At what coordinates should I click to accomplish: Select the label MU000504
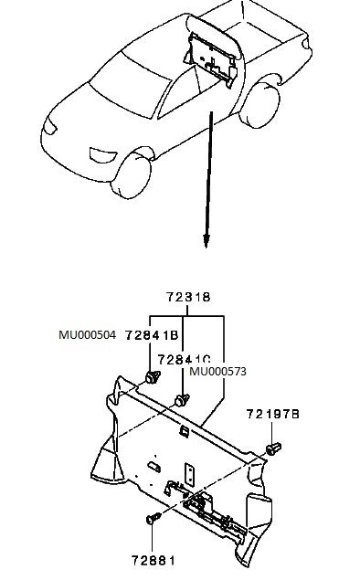[x=87, y=336]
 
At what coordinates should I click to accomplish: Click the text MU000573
[x=218, y=372]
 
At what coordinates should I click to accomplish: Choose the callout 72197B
[x=272, y=414]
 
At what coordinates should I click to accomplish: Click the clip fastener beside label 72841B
[x=150, y=376]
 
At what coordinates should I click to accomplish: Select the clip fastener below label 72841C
[x=183, y=399]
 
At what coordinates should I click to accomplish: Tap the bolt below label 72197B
[x=273, y=448]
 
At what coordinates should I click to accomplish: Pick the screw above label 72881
[x=153, y=518]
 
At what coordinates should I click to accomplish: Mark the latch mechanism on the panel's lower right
[x=209, y=510]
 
